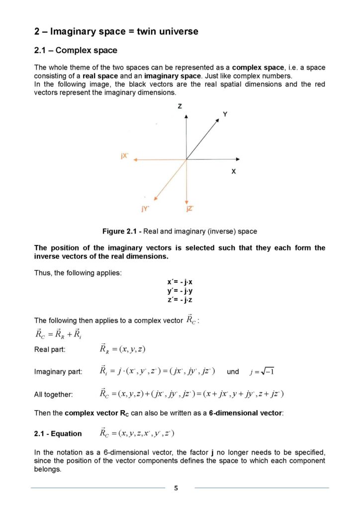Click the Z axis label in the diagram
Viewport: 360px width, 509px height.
(x=179, y=106)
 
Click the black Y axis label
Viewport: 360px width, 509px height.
(x=225, y=114)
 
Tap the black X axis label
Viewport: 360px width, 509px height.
(x=233, y=171)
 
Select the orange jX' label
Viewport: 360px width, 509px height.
(x=125, y=156)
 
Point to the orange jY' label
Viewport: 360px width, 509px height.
(x=145, y=209)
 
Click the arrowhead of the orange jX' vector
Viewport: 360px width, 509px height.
(x=135, y=160)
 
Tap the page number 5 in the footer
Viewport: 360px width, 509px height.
(x=176, y=488)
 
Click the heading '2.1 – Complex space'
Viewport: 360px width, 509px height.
(x=76, y=50)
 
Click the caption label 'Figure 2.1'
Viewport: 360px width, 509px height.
(x=119, y=231)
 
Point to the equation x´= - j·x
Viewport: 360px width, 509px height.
(x=180, y=282)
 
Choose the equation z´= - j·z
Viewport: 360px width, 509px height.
(x=180, y=300)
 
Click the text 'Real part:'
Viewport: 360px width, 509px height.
(x=50, y=349)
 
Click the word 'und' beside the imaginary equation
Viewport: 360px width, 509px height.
(x=233, y=372)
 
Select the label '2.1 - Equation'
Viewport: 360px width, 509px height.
(x=58, y=433)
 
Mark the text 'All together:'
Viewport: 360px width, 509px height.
(x=53, y=395)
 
